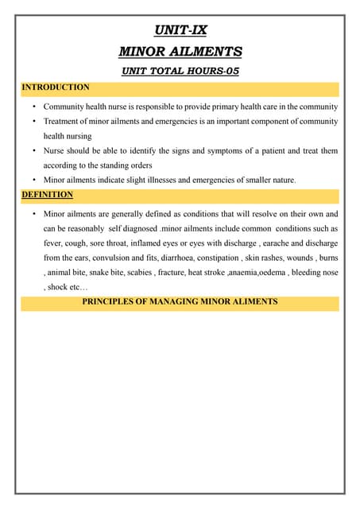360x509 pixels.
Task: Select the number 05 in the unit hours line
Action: point(230,71)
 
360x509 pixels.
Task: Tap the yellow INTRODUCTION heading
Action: point(56,87)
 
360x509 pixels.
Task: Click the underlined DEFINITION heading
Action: point(48,194)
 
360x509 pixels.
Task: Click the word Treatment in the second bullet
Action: point(62,122)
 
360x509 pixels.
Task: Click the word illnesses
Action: point(159,181)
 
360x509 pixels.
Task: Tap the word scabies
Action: point(162,273)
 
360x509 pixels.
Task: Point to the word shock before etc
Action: point(57,287)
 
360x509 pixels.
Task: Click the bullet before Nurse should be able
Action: point(33,151)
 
